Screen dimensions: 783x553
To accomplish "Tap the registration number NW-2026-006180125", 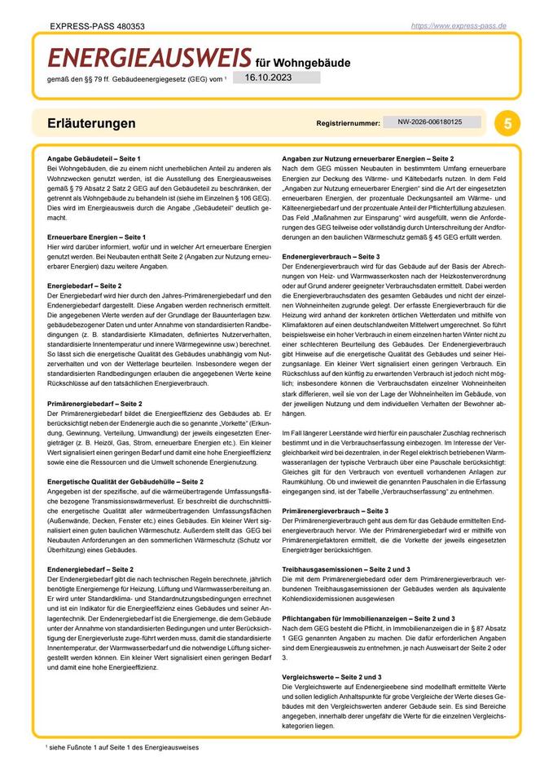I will pos(430,122).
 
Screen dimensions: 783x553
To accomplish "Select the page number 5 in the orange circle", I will pos(507,124).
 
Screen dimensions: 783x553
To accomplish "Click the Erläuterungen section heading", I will pos(91,124).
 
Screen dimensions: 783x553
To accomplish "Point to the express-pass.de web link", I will pos(459,26).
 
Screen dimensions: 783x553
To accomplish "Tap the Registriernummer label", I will pos(348,123).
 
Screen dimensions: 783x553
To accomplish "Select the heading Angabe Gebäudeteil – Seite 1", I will pos(94,157).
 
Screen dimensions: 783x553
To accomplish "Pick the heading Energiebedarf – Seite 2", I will pos(84,286).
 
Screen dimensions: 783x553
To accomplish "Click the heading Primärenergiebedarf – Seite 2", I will pos(95,403).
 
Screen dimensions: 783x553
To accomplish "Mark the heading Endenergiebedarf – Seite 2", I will pos(90,568).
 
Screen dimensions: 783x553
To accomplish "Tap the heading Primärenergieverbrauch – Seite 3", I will pos(335,510).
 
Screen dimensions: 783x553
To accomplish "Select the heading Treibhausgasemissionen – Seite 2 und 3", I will pos(345,568).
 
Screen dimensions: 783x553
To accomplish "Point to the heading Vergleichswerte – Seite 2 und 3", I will pos(331,677).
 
